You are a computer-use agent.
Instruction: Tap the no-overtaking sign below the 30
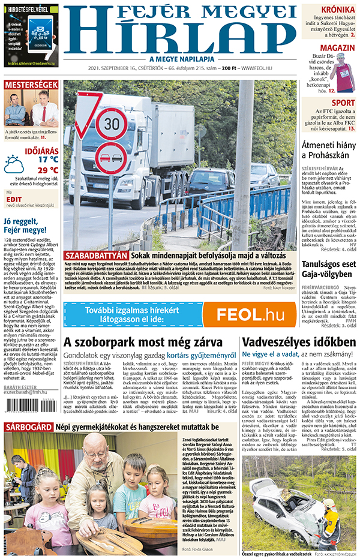(x=112, y=158)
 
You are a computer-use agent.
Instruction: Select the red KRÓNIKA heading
(x=337, y=10)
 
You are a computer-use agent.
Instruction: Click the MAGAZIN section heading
(x=337, y=48)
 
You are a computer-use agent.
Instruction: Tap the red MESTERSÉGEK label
(x=31, y=85)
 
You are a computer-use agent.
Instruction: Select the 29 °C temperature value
(x=47, y=170)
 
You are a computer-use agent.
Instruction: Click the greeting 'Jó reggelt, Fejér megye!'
(x=25, y=224)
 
